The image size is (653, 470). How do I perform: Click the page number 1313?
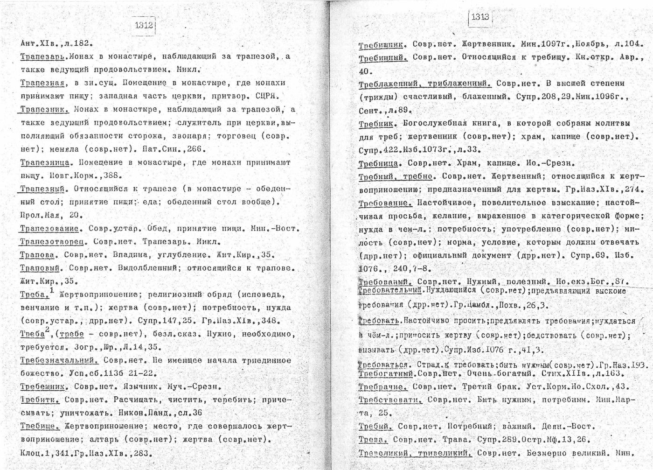(479, 18)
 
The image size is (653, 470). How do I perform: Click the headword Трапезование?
(49, 229)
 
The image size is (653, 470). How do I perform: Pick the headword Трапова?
(39, 255)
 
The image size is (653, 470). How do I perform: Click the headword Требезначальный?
(59, 361)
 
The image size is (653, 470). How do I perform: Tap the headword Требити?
(40, 400)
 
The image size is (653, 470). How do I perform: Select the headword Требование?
(385, 203)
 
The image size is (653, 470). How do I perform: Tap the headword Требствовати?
(390, 400)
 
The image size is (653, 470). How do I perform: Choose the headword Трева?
(373, 440)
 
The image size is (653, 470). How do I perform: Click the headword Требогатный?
(385, 374)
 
